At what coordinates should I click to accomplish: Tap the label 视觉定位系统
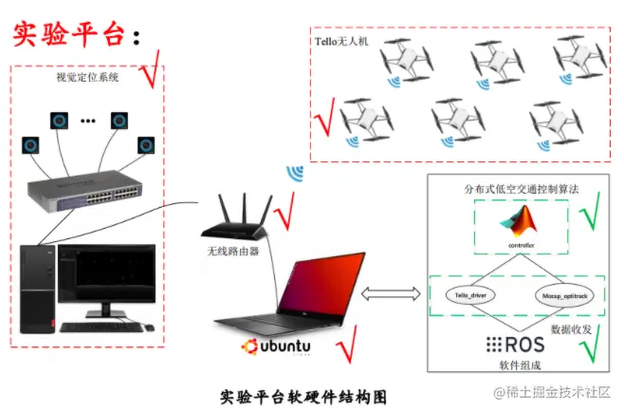(89, 79)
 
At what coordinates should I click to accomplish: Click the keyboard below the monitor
(101, 327)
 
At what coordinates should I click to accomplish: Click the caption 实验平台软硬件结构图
(303, 395)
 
